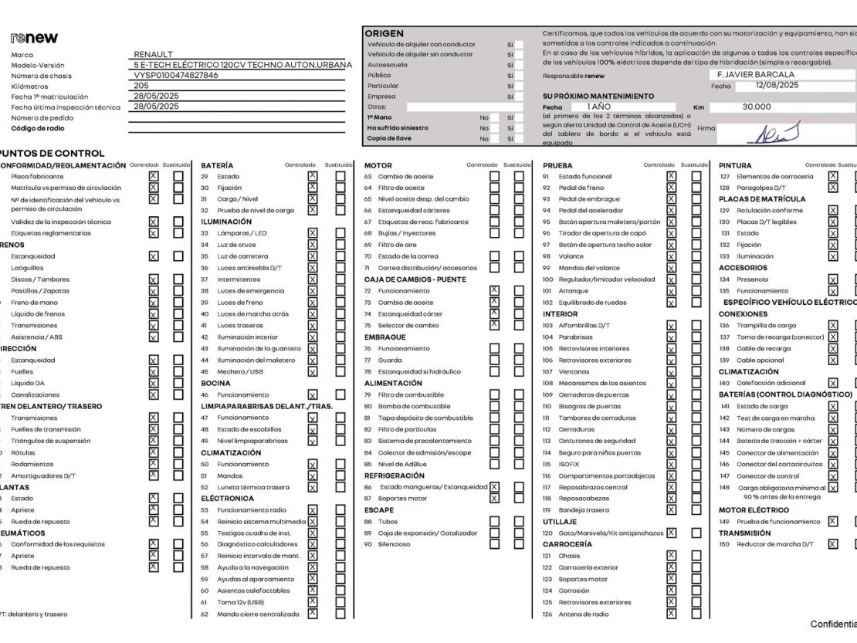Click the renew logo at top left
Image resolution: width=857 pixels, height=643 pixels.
35,39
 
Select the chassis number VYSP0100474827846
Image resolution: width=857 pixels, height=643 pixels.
176,76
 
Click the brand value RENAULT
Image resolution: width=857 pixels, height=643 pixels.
153,55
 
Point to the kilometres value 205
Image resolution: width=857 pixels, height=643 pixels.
141,86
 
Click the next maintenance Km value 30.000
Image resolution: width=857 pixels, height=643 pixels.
757,107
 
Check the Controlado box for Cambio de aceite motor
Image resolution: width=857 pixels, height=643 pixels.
494,177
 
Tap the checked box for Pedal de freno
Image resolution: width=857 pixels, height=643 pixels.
671,188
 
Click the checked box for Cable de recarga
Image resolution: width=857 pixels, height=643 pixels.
833,348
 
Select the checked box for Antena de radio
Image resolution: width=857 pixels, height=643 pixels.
671,614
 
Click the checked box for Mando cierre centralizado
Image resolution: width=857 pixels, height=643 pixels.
313,614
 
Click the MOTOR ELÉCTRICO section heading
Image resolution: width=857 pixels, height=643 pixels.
754,510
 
